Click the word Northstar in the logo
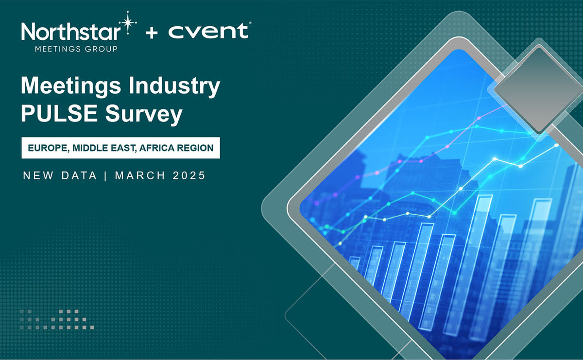71,33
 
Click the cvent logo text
208,32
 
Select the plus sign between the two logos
152,34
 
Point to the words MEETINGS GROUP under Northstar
76,49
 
